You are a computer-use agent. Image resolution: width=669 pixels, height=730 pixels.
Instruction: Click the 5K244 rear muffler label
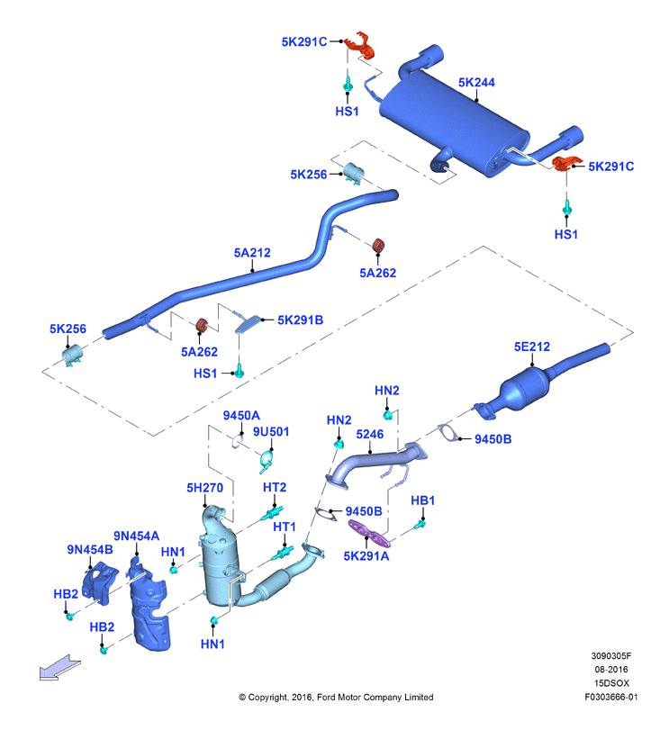pyautogui.click(x=476, y=83)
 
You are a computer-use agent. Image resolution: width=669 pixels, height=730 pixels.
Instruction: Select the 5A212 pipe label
pyautogui.click(x=252, y=253)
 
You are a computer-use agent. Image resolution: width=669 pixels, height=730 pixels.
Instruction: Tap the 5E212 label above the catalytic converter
pyautogui.click(x=531, y=347)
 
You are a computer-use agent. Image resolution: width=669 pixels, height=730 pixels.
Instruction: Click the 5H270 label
pyautogui.click(x=205, y=488)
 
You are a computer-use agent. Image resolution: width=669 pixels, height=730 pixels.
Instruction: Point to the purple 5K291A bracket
pyautogui.click(x=369, y=534)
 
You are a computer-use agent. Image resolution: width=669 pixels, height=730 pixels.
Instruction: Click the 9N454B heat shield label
pyautogui.click(x=90, y=550)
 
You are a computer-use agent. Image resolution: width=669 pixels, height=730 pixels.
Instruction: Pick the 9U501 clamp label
pyautogui.click(x=271, y=432)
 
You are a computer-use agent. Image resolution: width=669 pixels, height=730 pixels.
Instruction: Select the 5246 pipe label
pyautogui.click(x=370, y=435)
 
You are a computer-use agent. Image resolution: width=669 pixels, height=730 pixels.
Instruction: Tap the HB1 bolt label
pyautogui.click(x=422, y=500)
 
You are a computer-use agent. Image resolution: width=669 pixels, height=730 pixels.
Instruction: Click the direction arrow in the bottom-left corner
pyautogui.click(x=59, y=668)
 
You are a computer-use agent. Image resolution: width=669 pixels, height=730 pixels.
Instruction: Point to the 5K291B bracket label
pyautogui.click(x=300, y=320)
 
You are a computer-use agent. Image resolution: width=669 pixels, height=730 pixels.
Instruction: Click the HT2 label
pyautogui.click(x=275, y=488)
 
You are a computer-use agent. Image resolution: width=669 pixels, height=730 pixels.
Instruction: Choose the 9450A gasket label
pyautogui.click(x=241, y=416)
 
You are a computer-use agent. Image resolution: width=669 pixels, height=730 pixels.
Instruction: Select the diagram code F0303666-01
pyautogui.click(x=611, y=697)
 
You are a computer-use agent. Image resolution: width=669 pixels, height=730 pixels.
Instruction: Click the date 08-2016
pyautogui.click(x=611, y=670)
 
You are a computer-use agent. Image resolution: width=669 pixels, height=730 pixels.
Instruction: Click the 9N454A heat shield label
pyautogui.click(x=136, y=536)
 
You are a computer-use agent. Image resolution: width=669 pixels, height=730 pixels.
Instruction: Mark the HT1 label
pyautogui.click(x=285, y=527)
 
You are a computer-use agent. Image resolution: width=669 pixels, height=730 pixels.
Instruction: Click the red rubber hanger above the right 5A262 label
pyautogui.click(x=379, y=246)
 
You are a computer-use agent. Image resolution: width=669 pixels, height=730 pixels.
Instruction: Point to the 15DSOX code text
pyautogui.click(x=611, y=683)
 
